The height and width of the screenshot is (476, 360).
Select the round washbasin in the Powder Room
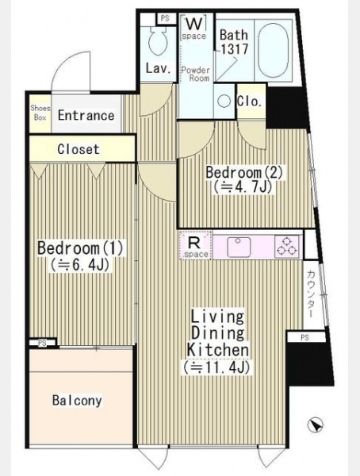tap(224, 101)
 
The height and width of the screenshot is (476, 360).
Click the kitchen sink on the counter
tap(239, 247)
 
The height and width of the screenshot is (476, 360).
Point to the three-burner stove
tap(287, 247)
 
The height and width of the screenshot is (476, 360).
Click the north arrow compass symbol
tap(315, 424)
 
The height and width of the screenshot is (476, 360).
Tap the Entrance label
tap(86, 116)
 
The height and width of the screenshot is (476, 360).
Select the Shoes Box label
tap(40, 113)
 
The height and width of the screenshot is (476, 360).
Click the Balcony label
tap(77, 401)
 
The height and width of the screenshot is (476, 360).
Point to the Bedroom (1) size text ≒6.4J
tap(79, 265)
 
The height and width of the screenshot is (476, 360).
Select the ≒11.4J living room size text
tap(216, 368)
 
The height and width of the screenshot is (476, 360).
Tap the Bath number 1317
tap(235, 48)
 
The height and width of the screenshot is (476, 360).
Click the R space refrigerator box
tap(195, 245)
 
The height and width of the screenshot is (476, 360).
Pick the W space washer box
tap(193, 27)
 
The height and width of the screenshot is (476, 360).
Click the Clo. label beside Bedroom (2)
tap(249, 101)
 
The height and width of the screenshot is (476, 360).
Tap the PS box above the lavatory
tap(165, 18)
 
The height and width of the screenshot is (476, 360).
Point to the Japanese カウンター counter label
tap(310, 294)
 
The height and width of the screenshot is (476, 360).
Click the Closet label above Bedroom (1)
tap(79, 149)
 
